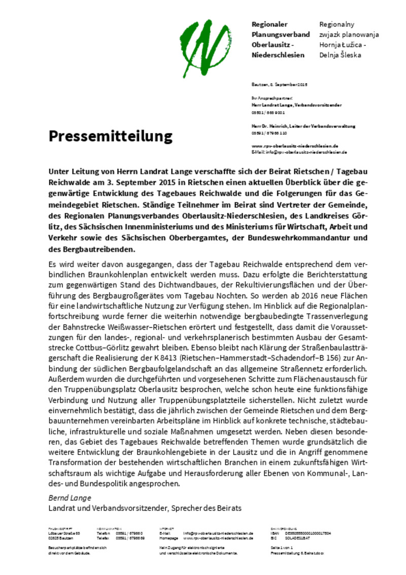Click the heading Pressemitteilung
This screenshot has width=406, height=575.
[x=111, y=136]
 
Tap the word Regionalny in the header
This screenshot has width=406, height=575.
[x=336, y=24]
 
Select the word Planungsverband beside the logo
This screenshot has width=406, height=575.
[x=281, y=35]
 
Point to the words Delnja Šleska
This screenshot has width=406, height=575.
[x=340, y=55]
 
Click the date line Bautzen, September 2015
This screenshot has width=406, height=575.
[x=280, y=84]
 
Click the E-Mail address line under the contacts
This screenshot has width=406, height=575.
[x=299, y=152]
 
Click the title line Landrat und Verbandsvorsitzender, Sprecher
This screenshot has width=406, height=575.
[x=145, y=507]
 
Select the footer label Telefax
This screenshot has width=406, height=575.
[x=103, y=537]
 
